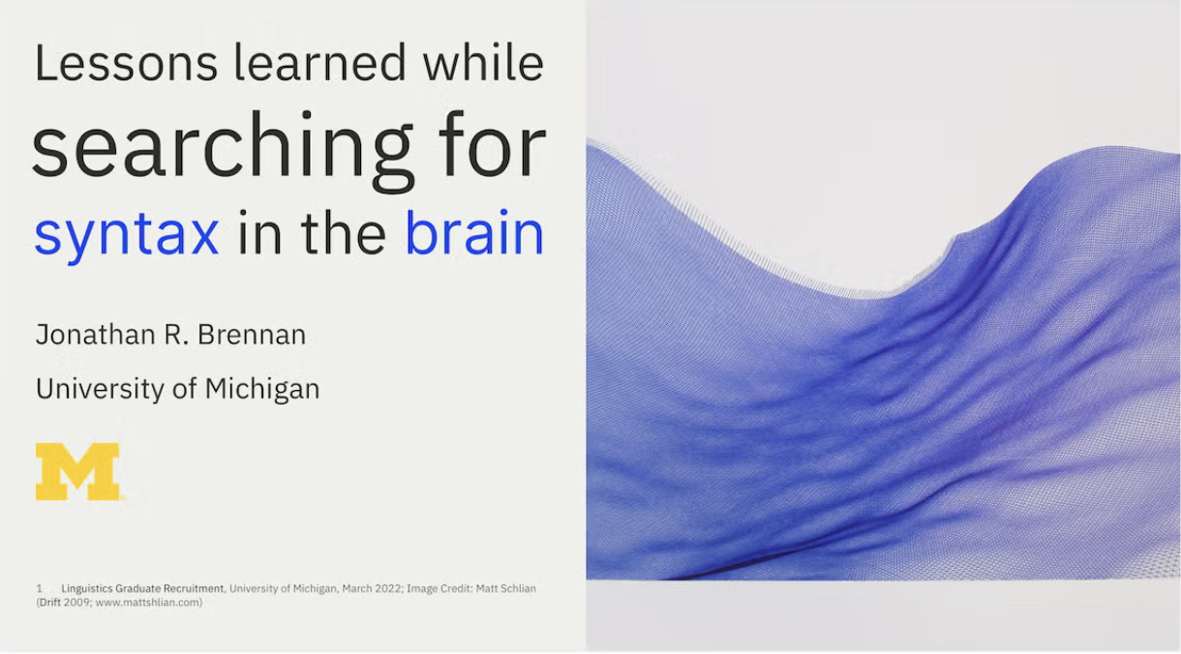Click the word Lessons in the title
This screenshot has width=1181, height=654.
126,63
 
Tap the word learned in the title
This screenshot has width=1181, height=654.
320,62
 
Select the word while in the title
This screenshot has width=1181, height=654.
483,62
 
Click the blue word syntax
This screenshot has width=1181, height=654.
127,235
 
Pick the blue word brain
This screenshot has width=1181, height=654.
474,232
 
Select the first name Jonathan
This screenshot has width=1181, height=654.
96,334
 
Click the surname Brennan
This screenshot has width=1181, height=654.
252,334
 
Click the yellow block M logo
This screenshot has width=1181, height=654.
77,471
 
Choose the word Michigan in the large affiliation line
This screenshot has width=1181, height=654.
262,390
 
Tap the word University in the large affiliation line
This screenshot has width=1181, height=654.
100,390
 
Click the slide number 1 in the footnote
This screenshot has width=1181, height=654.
39,588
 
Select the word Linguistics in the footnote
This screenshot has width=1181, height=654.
87,588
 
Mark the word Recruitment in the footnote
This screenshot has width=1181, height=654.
194,588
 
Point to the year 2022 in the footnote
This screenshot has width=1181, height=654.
388,588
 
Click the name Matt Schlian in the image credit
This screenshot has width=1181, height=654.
506,588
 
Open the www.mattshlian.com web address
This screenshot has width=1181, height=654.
149,602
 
